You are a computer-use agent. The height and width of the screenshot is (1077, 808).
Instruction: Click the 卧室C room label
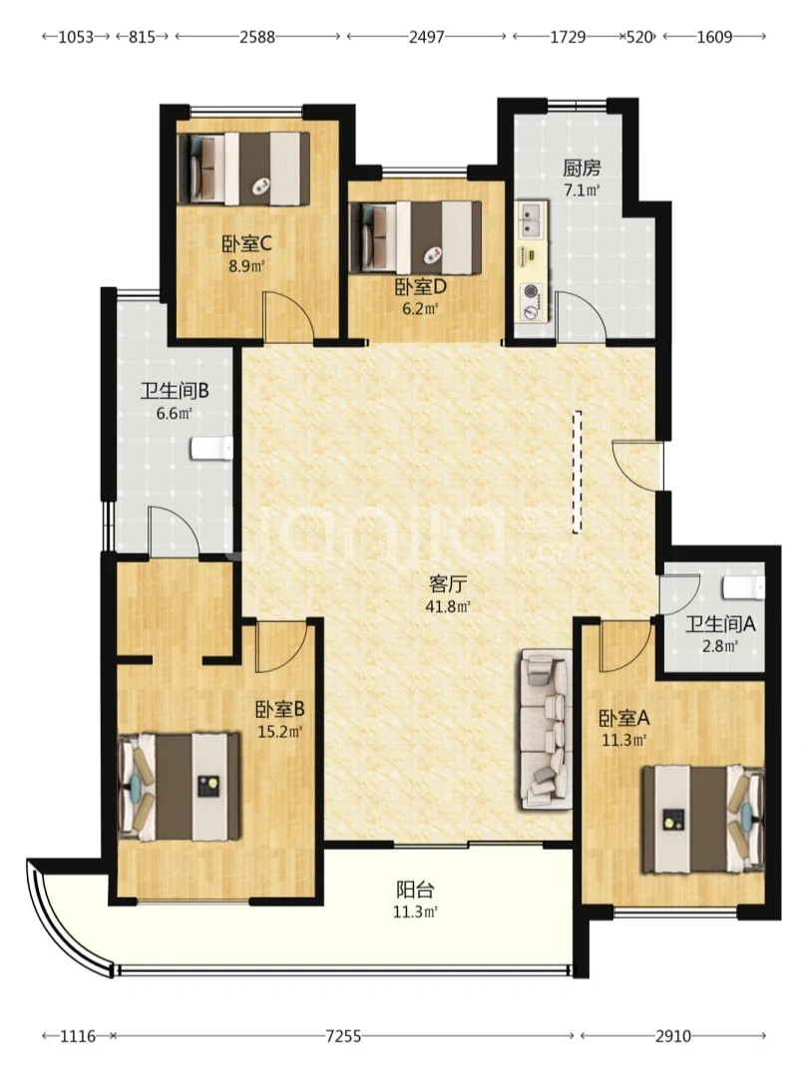247,243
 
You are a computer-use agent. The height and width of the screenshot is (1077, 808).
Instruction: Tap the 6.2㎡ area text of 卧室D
420,308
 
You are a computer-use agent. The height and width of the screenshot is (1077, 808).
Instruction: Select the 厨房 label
582,168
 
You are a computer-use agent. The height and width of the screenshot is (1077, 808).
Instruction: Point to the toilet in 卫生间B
211,448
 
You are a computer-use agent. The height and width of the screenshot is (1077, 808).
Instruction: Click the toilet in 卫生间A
743,588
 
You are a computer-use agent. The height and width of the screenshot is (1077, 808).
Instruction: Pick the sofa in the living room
547,729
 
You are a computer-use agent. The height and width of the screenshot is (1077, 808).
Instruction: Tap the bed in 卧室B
180,787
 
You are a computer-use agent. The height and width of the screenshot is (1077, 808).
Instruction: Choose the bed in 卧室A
703,820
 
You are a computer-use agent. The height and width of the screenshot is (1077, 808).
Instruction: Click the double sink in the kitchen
531,219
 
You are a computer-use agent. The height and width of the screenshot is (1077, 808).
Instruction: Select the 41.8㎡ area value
448,606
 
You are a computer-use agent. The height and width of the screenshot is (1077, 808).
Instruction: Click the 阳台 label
415,891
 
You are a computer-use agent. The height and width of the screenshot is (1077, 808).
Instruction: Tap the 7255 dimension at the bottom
343,1036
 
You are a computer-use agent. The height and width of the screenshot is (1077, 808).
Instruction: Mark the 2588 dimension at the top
257,37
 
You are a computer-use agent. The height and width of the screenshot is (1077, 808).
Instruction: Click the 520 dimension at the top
639,37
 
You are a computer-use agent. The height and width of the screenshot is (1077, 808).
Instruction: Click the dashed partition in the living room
578,472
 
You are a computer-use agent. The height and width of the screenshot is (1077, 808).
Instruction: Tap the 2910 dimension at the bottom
672,1036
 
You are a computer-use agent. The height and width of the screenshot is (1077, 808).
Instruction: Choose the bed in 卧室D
415,237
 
